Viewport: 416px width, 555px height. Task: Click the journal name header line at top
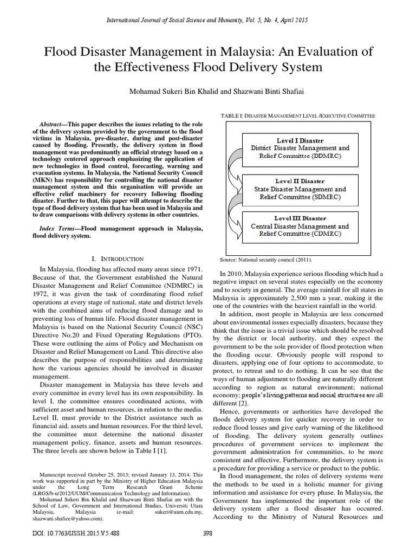tap(208, 20)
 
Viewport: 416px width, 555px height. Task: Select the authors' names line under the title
tap(208, 93)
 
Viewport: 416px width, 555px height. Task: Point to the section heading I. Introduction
tap(119, 259)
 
